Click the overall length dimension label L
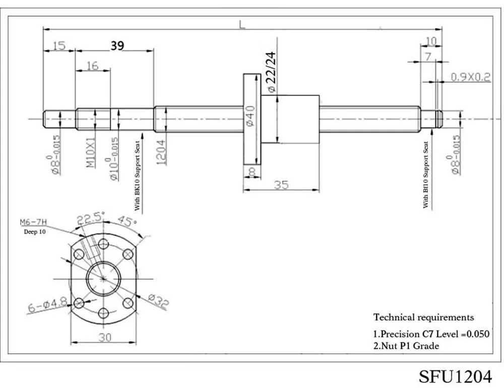[x=242, y=24]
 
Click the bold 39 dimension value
[x=117, y=46]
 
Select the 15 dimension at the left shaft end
[x=59, y=46]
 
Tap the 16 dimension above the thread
[x=92, y=66]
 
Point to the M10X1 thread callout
[x=91, y=152]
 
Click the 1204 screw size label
[x=161, y=152]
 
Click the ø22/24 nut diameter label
[x=271, y=73]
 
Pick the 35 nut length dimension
[x=281, y=185]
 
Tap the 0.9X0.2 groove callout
[x=471, y=77]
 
